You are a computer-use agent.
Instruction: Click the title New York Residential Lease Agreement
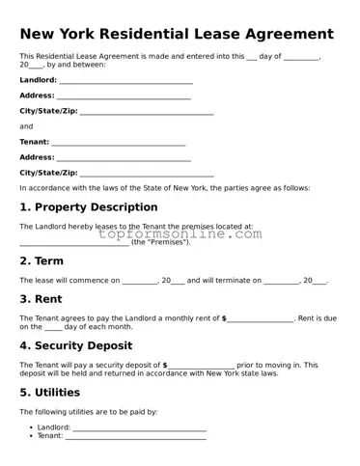click(177, 34)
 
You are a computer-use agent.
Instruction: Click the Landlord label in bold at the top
click(38, 80)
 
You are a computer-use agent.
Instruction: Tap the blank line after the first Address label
click(124, 96)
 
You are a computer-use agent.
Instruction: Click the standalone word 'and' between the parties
click(26, 126)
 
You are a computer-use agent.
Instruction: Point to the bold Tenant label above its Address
click(34, 142)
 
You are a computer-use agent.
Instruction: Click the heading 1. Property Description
click(89, 207)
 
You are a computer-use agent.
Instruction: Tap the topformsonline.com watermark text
click(180, 233)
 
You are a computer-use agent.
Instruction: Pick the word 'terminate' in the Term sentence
click(232, 281)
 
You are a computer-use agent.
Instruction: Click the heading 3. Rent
click(42, 299)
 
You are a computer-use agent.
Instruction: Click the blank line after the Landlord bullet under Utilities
click(139, 427)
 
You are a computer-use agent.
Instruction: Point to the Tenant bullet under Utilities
click(49, 436)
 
